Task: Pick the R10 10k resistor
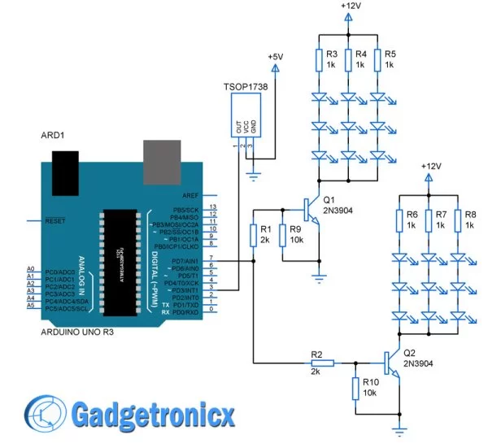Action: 355,388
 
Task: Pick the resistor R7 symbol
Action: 429,220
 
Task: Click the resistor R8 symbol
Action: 457,220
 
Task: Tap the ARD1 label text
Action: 53,135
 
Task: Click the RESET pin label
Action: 53,220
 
